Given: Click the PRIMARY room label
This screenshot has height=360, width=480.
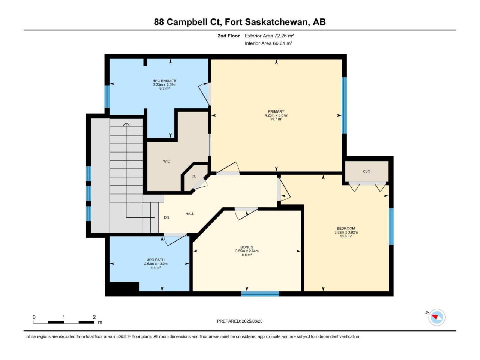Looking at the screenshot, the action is tap(276, 111).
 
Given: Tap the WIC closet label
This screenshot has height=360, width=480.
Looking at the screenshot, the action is tap(166, 161).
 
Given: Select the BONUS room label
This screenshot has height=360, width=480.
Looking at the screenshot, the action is tap(247, 247).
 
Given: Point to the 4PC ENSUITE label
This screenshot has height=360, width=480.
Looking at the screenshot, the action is tap(165, 81).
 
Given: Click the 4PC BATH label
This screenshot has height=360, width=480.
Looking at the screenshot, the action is tap(156, 260).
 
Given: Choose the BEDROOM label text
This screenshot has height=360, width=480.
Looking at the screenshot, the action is tap(346, 228).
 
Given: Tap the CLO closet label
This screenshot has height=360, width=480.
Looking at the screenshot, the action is tap(366, 171).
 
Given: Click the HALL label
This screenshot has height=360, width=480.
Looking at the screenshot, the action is tap(190, 214).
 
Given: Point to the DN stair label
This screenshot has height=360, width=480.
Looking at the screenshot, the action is tap(166, 217).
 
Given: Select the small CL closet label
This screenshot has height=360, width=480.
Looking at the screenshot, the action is tap(194, 176).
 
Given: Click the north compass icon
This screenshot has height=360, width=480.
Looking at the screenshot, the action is tap(436, 317).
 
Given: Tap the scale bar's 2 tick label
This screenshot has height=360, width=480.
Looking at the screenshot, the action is tap(94, 317).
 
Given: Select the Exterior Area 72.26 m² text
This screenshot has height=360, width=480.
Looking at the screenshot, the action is tap(269, 36).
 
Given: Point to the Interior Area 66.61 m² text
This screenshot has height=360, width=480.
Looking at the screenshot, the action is tap(268, 43).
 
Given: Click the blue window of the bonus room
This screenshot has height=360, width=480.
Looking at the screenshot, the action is tap(260, 294).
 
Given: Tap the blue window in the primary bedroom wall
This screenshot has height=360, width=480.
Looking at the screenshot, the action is tap(344, 105).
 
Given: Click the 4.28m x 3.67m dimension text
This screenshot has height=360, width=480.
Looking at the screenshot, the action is tap(276, 115).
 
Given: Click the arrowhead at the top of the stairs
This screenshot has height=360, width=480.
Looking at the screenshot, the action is tap(126, 124).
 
